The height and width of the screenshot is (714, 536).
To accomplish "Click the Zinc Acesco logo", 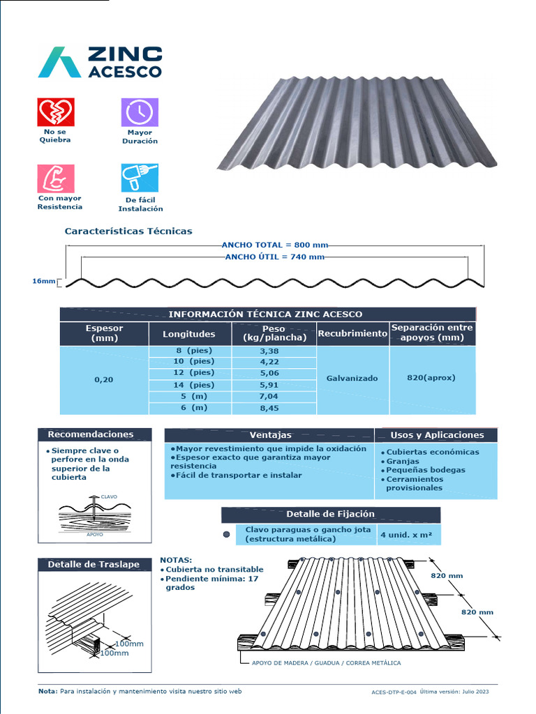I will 100,62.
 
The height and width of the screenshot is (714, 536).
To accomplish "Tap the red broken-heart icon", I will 55,112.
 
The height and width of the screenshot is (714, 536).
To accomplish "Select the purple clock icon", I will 140,112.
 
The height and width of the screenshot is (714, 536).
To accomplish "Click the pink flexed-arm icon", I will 55,178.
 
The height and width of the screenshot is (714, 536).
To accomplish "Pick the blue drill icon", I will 140,178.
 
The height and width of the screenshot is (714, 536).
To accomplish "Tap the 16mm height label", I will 43,282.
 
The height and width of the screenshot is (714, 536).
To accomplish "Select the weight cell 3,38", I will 269,351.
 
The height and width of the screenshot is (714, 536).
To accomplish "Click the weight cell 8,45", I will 269,408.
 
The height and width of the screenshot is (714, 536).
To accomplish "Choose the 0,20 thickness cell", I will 104,380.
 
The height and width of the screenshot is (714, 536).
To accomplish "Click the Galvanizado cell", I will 352,379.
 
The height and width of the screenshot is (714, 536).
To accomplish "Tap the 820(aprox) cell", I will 431,378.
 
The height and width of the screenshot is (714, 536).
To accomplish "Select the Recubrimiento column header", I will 352,334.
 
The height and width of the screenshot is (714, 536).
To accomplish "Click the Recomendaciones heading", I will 94,434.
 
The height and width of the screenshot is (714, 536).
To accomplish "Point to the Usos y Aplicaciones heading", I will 437,435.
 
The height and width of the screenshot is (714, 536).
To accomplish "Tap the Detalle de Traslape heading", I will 94,565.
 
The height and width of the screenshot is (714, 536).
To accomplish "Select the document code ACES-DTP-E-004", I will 394,692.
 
